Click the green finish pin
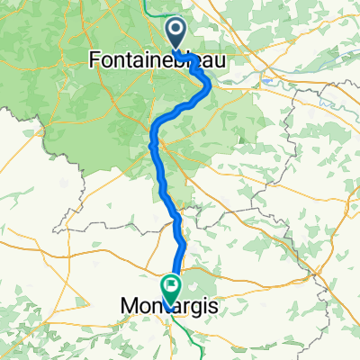coord(170,288)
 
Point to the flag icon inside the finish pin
coord(170,284)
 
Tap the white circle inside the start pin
coord(177,32)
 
